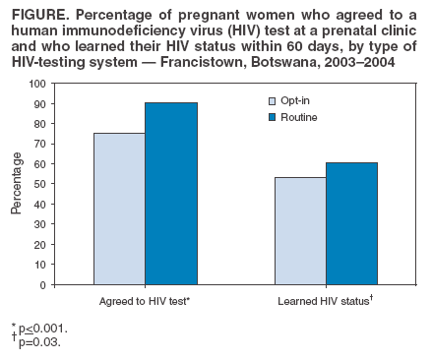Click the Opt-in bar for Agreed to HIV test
pos(119,209)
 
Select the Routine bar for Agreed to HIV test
pos(170,194)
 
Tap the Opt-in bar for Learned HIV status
pos(300,231)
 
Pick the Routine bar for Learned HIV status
pos(351,223)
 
